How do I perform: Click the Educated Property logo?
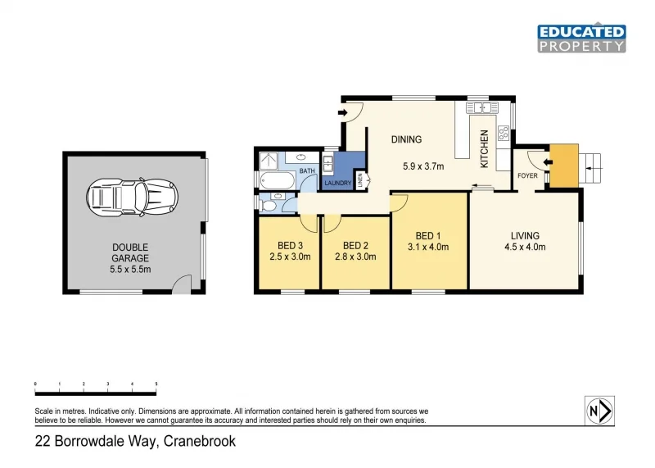[581, 39]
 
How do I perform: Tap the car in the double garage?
[131, 196]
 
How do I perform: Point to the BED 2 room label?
[355, 246]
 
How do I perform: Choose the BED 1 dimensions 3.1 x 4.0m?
[428, 246]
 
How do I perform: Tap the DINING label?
[406, 140]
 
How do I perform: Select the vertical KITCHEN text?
[484, 149]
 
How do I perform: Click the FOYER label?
[526, 175]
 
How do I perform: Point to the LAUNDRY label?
[338, 183]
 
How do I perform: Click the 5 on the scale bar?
[156, 384]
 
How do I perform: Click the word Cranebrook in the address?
[200, 442]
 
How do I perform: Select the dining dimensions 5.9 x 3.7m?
[423, 166]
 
